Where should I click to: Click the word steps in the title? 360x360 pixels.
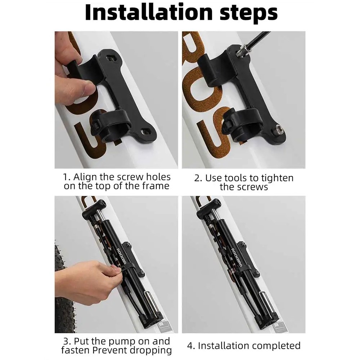coord(249,13)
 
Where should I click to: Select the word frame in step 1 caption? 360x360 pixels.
coord(156,186)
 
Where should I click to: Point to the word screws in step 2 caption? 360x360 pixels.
coord(253,187)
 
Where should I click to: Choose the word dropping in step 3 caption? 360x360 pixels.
coord(150,351)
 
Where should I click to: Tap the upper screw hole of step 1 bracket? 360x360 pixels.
coord(111,59)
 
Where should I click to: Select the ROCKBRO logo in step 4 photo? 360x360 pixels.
coord(237,257)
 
